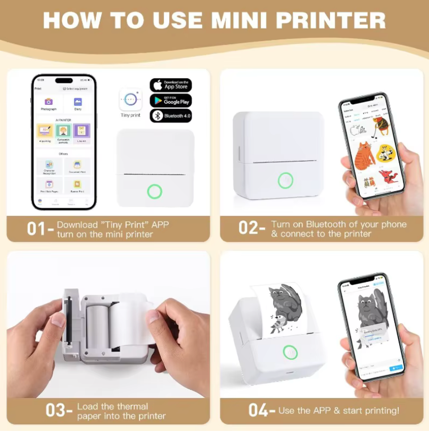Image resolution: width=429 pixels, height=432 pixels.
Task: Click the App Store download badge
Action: pos(170,85)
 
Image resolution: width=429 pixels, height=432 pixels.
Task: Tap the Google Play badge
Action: pos(170,101)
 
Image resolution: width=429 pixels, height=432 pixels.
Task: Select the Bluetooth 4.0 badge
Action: pos(170,115)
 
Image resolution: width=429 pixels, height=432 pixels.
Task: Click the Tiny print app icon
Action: pos(130,99)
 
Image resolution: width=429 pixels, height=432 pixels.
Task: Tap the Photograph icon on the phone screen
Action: pos(48,102)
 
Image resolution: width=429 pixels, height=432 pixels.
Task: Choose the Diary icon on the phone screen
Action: pos(78,102)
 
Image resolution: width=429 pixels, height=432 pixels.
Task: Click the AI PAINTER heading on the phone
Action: pos(63,120)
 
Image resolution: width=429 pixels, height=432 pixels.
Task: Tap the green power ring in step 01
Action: pos(154,191)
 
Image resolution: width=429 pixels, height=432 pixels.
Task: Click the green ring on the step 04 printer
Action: pos(290,352)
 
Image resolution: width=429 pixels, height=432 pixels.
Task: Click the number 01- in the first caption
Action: pos(39,229)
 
